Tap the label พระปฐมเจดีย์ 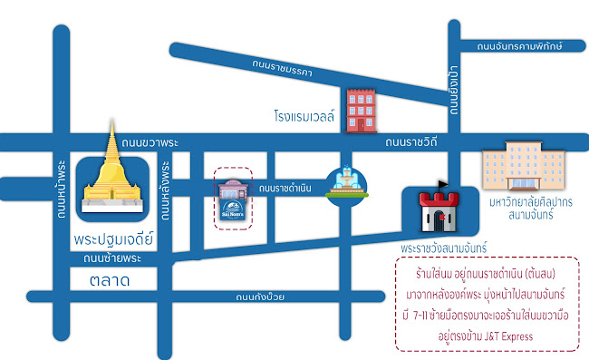[112, 242]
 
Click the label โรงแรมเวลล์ [304, 116]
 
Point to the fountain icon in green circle [345, 186]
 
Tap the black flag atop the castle [443, 184]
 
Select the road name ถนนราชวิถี [411, 142]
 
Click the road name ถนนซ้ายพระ [113, 258]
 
